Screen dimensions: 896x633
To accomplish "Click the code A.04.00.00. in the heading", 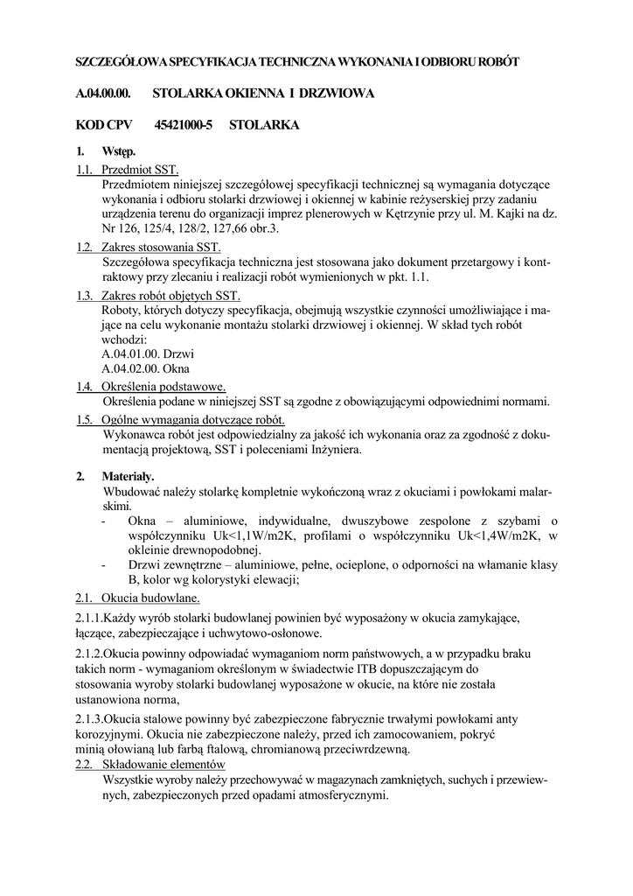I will coord(103,93).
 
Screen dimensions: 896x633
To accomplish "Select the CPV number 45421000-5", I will coord(184,125).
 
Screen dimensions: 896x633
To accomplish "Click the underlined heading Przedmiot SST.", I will coord(140,170).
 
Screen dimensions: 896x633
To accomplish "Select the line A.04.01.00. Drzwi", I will coord(148,354).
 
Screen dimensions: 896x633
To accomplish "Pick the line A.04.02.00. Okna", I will coord(146,369).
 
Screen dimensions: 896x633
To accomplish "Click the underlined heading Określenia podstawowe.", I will coord(163,387).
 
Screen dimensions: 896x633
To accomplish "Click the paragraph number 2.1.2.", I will coord(90,654).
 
